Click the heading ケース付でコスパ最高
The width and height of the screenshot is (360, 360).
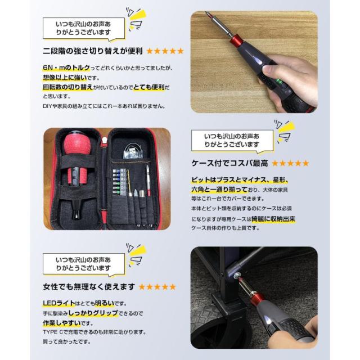(x=230, y=163)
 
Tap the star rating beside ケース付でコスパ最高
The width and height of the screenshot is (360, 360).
(x=290, y=163)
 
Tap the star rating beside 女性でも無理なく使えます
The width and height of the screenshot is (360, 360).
(x=157, y=286)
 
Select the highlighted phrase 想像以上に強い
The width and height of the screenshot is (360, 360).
(x=65, y=77)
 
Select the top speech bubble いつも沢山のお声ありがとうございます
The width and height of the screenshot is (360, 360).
(x=83, y=29)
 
